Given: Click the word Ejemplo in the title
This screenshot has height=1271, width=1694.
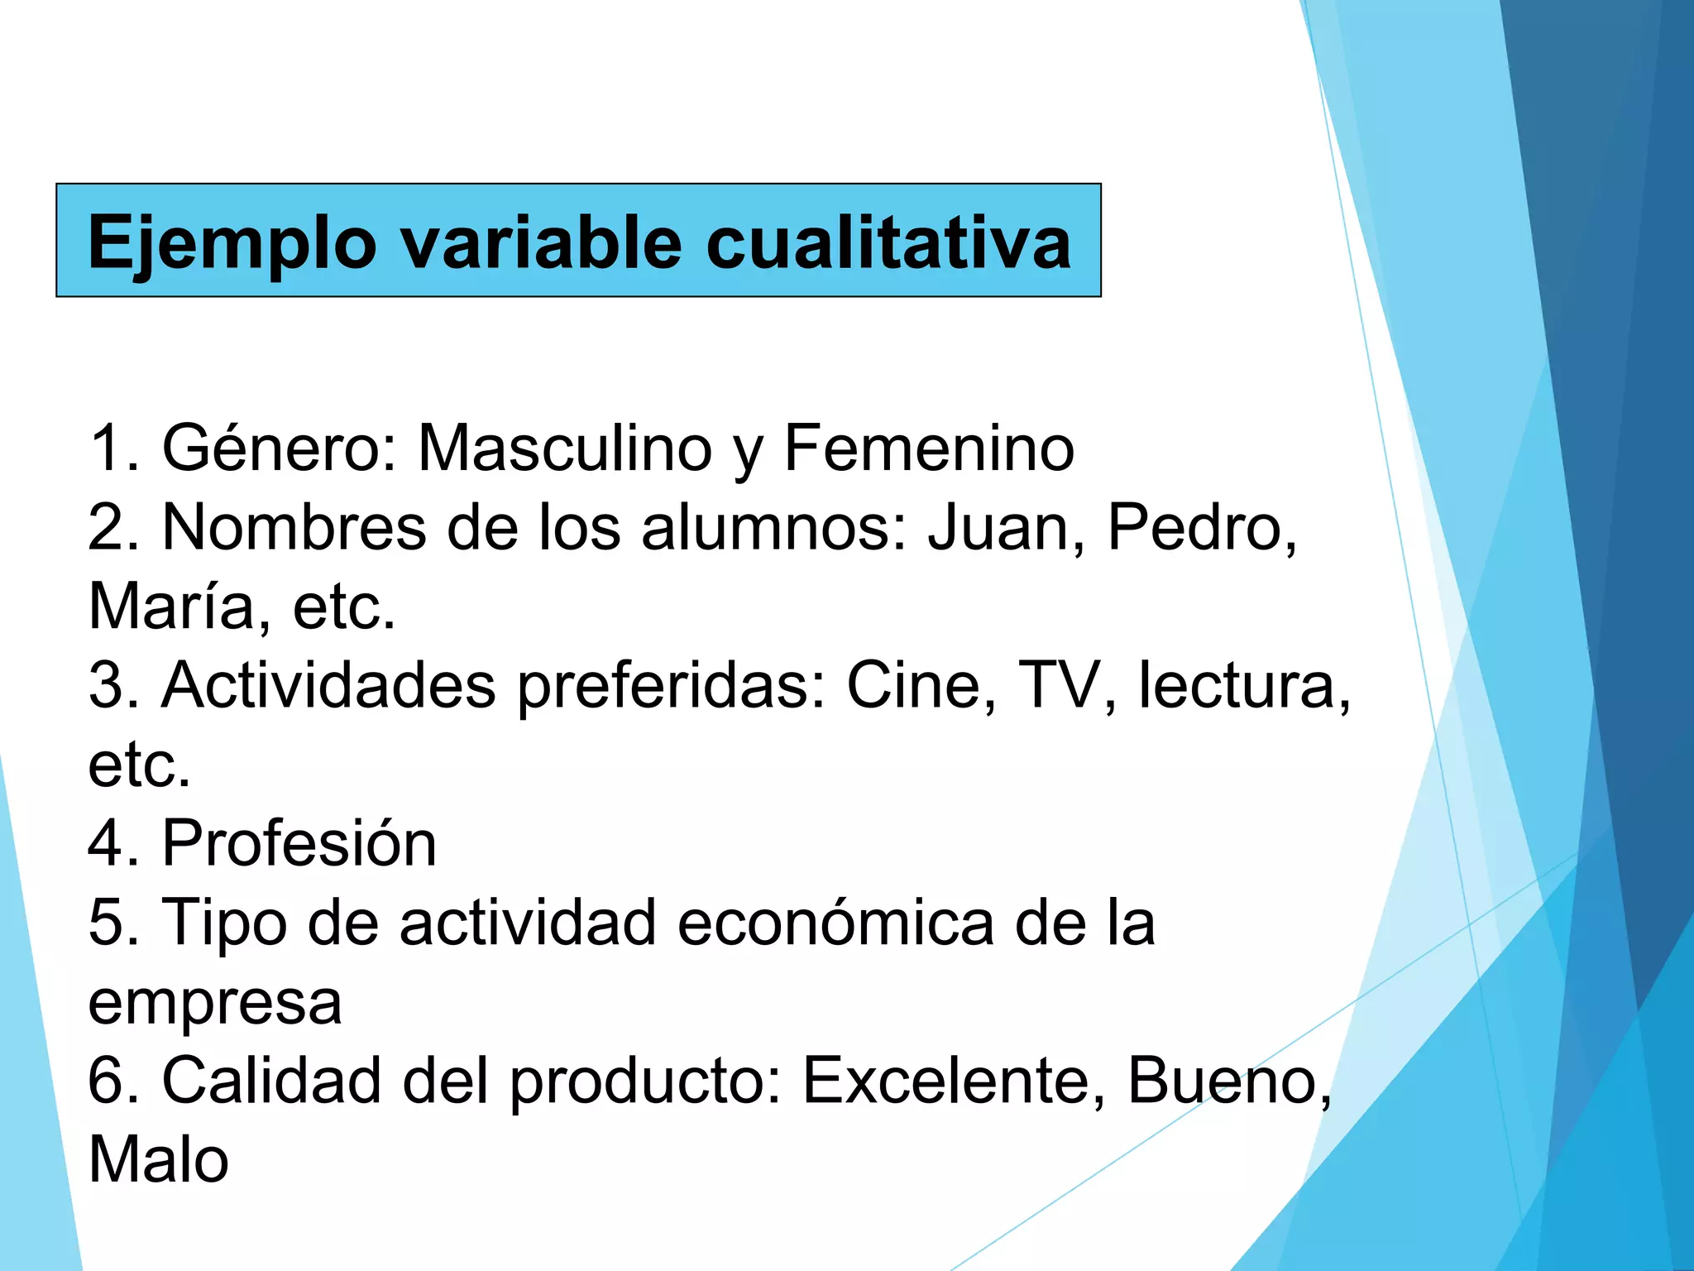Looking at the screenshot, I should pos(232,242).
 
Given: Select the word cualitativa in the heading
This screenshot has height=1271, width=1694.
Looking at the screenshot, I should pos(888,242).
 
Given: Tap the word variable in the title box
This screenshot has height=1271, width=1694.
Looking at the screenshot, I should pos(542,242).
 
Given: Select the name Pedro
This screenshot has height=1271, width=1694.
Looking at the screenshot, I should pos(1199,528).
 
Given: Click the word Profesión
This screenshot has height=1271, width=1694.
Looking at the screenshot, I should pos(299,844).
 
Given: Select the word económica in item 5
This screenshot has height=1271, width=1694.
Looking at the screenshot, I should pos(835,923).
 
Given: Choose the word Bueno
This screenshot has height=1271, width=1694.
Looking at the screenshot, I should pos(1228,1081).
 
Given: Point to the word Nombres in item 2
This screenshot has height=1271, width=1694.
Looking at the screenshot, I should pos(294,528).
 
